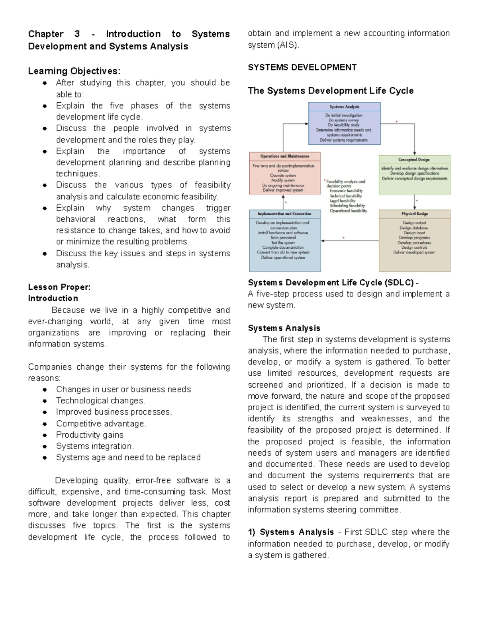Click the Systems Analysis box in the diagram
[x=344, y=123]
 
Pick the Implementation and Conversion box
[x=284, y=240]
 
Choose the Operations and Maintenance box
[x=284, y=173]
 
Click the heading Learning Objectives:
[x=74, y=71]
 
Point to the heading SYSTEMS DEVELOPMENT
[x=302, y=68]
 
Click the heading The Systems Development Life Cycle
[x=330, y=91]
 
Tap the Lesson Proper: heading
[x=59, y=287]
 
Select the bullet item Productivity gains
[x=90, y=435]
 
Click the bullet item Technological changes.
[x=100, y=401]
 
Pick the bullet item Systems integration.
[x=95, y=446]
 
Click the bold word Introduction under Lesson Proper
[x=53, y=298]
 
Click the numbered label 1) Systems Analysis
[x=290, y=532]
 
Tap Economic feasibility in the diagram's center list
[x=346, y=191]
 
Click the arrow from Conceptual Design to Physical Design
[x=415, y=202]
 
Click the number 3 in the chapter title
[x=77, y=34]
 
